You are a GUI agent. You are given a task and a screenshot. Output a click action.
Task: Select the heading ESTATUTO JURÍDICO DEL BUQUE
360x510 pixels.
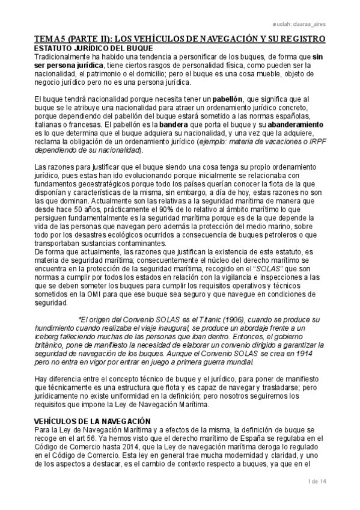pos(94,48)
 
